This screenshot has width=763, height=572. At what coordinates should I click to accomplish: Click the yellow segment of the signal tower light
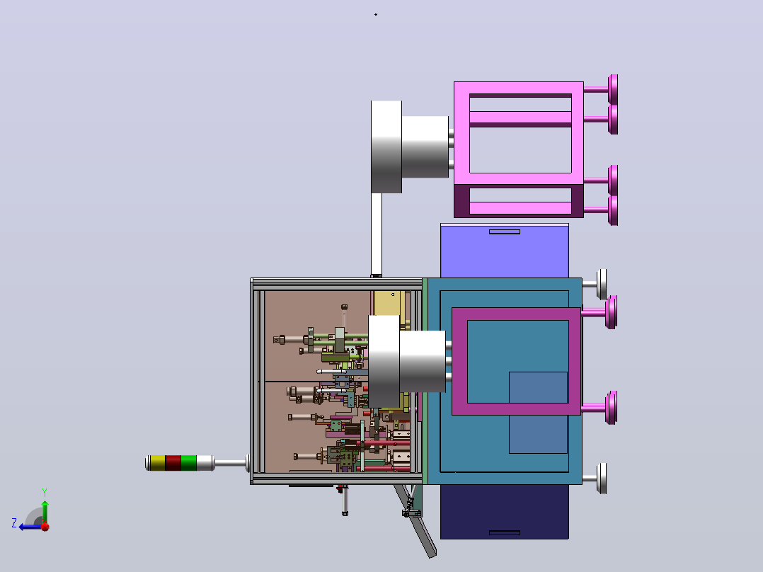coord(157,463)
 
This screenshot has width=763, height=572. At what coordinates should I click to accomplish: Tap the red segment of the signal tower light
coord(173,463)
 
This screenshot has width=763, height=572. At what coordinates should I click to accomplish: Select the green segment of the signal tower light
coord(189,463)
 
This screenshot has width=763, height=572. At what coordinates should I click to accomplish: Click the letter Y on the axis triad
coord(45,493)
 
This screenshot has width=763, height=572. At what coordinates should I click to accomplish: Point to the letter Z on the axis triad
coord(14,523)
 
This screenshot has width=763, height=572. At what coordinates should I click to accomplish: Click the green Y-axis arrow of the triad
coord(45,512)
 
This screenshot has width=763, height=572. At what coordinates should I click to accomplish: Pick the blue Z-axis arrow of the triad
coord(31,527)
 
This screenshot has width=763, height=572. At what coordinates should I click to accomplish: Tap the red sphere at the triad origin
coord(45,527)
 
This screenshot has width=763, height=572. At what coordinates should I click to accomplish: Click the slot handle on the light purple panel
coord(505,231)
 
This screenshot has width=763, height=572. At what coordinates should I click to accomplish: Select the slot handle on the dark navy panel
coord(505,532)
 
